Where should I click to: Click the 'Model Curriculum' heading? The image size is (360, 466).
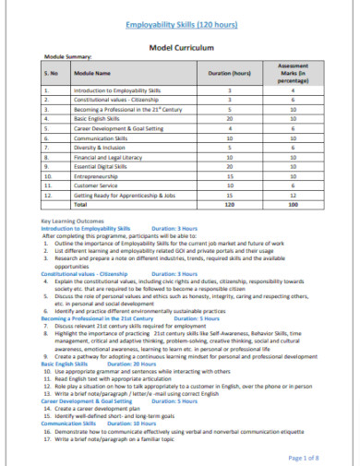coord(179,45)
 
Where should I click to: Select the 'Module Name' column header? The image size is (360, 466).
coord(94,71)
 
